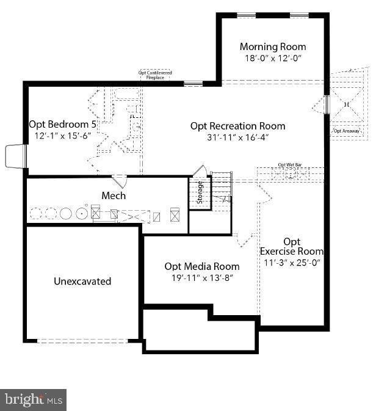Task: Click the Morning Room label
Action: coord(272,47)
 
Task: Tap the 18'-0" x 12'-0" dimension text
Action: coord(272,58)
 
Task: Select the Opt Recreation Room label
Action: coord(237,126)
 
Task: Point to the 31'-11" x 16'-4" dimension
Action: coord(237,137)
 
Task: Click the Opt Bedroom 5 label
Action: coord(63,124)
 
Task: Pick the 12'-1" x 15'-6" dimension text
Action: coord(63,136)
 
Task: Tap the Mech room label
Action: coord(114,195)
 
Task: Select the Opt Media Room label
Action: coord(202,266)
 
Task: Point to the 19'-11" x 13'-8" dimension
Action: coord(202,277)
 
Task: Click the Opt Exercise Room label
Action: coord(292,246)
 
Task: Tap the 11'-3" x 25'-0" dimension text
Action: coord(292,262)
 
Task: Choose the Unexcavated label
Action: coord(82,282)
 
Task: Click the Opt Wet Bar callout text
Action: coord(290,165)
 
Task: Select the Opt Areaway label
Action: coord(346,131)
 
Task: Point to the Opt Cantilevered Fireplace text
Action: coord(155,75)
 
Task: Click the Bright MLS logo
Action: coord(34,400)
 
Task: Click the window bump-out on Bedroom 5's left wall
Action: coord(16,156)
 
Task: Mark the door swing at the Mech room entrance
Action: coord(120,181)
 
